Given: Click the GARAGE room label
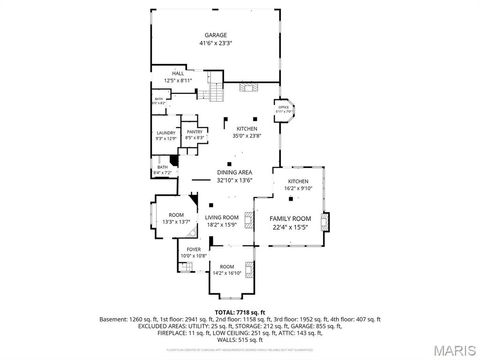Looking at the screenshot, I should click(x=215, y=34).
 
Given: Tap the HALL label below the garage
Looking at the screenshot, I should click(x=178, y=73).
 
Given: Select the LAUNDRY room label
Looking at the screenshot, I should click(x=166, y=132).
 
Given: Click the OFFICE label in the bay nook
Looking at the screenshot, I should click(x=283, y=106).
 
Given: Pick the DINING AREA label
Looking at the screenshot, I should click(x=234, y=173).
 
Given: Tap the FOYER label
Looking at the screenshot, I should click(x=193, y=250).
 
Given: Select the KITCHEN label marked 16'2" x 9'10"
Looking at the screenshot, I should click(x=299, y=181).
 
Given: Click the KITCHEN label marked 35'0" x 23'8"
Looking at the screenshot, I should click(x=247, y=129).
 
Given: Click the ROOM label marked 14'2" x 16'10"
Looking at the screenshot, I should click(x=227, y=266).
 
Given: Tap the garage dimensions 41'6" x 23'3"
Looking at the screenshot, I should click(x=215, y=43).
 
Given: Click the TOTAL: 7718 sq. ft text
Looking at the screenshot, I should click(x=240, y=311).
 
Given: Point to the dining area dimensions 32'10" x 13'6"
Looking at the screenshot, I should click(x=234, y=181).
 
